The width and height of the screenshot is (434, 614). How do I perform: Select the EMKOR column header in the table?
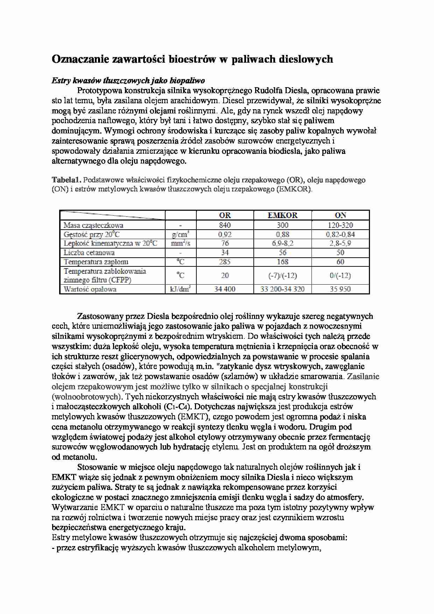coord(282,215)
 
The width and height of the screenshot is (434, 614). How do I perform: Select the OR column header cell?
coord(225,215)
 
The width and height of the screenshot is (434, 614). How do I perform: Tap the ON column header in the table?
coord(340,215)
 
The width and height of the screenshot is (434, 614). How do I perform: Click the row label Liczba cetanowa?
coord(89,253)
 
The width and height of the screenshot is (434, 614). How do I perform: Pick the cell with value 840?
coord(225,225)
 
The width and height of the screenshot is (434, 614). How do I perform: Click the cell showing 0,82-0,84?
coord(340,235)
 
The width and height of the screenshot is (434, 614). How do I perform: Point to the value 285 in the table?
coord(225,262)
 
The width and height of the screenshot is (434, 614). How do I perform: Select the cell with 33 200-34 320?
coord(282,289)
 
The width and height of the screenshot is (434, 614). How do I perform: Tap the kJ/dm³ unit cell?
coord(181,289)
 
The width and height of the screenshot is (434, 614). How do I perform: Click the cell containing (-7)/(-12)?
coord(282,275)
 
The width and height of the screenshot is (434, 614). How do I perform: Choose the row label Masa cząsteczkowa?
coord(93,225)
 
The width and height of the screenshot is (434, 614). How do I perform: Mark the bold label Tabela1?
coord(66,180)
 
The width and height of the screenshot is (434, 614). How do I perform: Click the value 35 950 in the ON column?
coord(340,289)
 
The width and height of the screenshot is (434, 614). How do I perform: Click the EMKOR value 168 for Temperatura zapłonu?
coord(282,262)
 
